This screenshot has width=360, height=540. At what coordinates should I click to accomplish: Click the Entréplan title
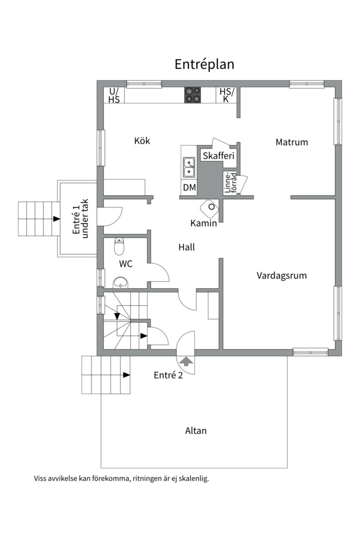[204, 64]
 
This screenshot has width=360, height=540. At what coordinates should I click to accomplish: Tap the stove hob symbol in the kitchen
[192, 95]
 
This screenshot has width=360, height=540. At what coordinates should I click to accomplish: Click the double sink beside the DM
[189, 167]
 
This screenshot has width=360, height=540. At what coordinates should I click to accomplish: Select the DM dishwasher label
[189, 187]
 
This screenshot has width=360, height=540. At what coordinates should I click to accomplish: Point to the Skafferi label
[218, 155]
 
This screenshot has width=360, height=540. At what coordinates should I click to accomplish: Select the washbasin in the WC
[120, 282]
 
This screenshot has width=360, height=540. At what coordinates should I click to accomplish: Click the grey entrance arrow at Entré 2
[186, 361]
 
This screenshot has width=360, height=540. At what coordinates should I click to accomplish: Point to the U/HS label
[114, 95]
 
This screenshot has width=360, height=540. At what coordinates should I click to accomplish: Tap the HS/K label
[226, 95]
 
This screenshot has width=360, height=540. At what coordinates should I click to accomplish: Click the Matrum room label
[291, 142]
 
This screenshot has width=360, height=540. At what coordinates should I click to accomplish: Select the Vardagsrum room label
[281, 275]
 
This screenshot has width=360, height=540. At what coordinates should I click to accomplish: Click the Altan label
[195, 430]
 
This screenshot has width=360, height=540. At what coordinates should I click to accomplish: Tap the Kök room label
[142, 140]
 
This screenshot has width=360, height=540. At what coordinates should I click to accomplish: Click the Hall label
[186, 247]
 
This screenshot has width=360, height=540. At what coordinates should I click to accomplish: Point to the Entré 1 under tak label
[80, 218]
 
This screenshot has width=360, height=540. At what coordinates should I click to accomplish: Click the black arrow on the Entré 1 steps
[56, 218]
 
